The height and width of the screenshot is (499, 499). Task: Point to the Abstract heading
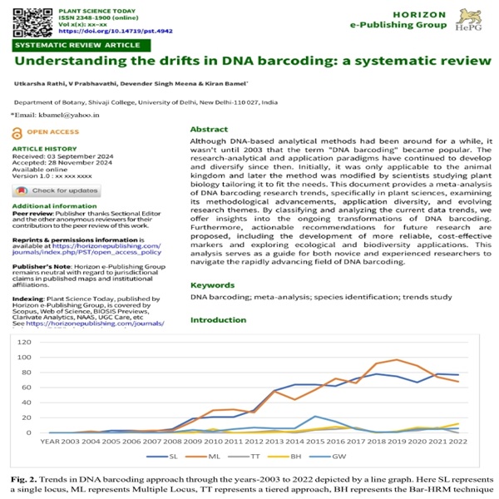(209, 130)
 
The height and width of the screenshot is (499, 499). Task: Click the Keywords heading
(213, 285)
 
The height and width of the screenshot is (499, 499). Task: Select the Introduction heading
(219, 320)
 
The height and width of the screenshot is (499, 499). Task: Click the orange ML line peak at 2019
(397, 360)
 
